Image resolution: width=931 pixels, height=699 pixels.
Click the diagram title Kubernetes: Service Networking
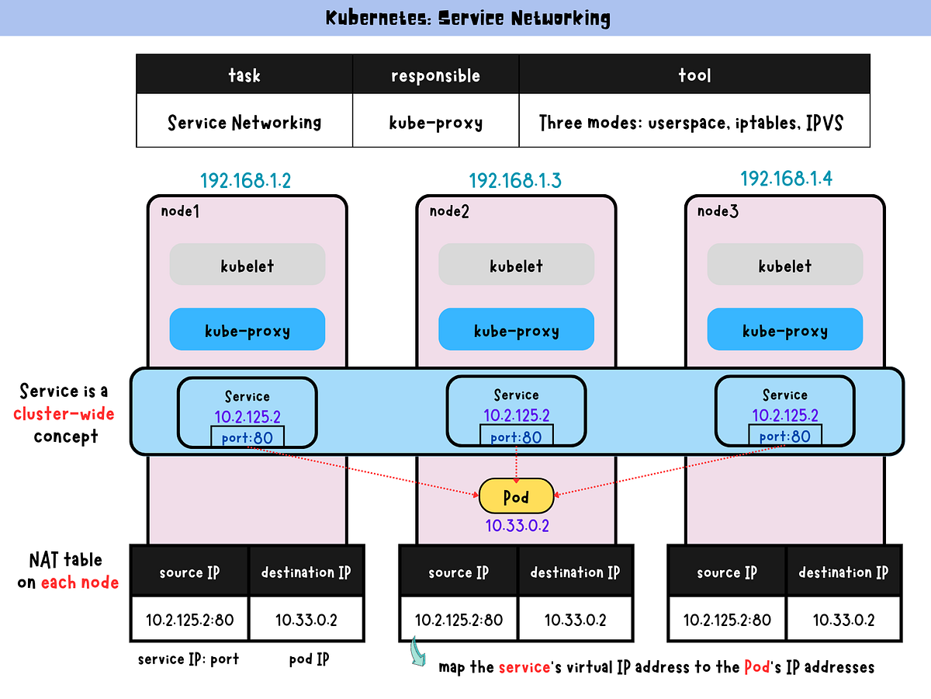click(x=468, y=18)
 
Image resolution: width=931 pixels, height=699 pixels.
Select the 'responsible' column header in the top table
click(x=435, y=75)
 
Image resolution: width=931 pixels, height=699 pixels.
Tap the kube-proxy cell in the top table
click(x=435, y=122)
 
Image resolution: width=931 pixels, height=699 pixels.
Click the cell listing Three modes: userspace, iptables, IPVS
click(x=694, y=122)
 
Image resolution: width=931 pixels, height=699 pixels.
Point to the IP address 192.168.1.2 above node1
click(x=245, y=181)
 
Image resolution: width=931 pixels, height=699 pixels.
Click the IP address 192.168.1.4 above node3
click(x=786, y=179)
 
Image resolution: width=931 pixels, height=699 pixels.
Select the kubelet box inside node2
click(x=516, y=266)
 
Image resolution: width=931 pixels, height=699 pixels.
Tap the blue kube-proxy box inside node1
click(x=247, y=330)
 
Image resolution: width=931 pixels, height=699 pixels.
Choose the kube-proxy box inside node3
click(x=784, y=330)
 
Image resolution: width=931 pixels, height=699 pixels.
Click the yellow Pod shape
click(x=516, y=496)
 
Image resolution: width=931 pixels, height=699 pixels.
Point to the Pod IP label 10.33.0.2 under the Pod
click(x=517, y=526)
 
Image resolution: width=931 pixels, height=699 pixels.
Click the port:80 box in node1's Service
click(x=247, y=437)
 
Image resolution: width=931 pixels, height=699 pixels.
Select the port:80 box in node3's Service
click(x=785, y=436)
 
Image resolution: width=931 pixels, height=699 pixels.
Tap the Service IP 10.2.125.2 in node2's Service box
click(x=516, y=416)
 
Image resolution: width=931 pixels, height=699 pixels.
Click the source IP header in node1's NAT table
click(x=189, y=572)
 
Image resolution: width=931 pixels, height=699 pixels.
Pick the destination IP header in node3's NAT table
click(x=843, y=572)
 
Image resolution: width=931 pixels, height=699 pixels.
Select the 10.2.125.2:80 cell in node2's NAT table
click(x=459, y=620)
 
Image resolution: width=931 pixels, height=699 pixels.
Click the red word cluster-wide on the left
click(x=64, y=413)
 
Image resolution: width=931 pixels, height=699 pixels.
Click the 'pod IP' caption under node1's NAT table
click(x=309, y=659)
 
